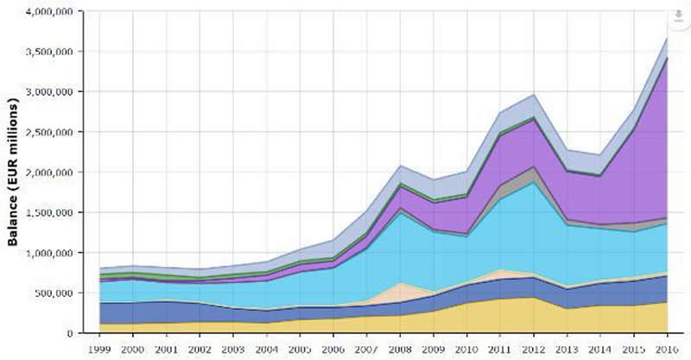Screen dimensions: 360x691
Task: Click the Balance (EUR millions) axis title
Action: click(14, 173)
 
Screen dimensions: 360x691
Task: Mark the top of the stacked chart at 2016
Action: click(667, 38)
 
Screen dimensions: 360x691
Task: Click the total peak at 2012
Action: click(534, 95)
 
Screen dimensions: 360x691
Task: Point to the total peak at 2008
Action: click(400, 166)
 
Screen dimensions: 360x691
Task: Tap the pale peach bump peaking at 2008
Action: click(400, 294)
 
